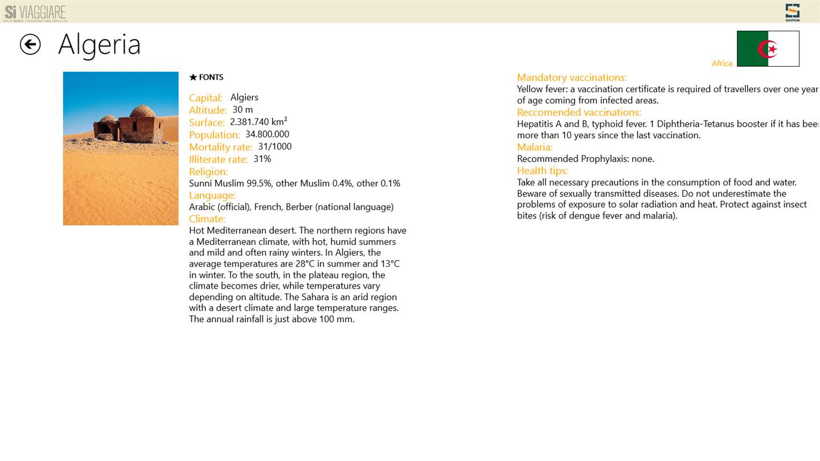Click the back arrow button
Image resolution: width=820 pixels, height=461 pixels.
[x=30, y=44]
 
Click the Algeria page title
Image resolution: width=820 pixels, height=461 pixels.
[x=99, y=44]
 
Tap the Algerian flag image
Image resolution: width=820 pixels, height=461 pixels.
[x=768, y=49]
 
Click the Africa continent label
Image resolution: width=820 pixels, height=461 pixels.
[x=721, y=63]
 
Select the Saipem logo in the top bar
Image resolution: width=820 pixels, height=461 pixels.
[x=792, y=12]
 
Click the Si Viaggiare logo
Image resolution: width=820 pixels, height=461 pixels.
[x=35, y=13]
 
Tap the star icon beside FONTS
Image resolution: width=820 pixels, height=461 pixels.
[x=193, y=77]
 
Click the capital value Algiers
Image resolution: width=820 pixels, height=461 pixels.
[x=244, y=97]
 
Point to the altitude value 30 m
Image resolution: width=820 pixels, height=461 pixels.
[x=243, y=110]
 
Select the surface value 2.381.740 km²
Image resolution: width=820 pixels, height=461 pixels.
[x=259, y=122]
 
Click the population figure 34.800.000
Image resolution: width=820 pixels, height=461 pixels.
[x=267, y=134]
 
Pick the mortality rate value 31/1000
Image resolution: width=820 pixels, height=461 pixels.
[x=274, y=147]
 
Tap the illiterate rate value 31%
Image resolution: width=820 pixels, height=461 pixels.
[x=262, y=159]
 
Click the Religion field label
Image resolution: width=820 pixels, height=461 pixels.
[x=208, y=171]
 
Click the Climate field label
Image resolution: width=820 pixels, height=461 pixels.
[x=207, y=219]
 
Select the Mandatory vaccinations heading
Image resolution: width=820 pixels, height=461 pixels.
[x=572, y=77]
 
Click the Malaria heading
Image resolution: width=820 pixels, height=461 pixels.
[x=535, y=147]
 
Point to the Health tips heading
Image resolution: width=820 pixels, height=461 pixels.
[x=543, y=170]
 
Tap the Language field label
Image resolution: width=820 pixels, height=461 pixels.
[x=212, y=195]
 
